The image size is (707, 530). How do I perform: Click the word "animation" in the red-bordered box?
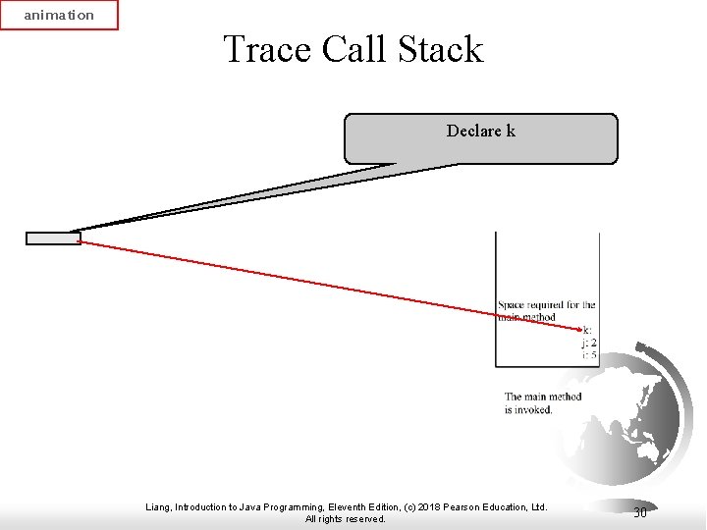(59, 15)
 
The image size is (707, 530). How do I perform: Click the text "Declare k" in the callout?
(480, 131)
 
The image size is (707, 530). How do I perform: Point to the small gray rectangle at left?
(53, 238)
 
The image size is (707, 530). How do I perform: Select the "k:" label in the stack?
(587, 331)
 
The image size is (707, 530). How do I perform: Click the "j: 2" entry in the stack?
(589, 343)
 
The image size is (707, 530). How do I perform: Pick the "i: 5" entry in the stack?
(589, 354)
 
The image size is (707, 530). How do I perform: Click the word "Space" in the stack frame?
(511, 305)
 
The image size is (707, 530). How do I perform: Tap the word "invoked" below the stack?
(534, 409)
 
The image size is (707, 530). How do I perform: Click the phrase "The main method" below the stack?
(543, 397)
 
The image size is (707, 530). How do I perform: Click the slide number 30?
(639, 512)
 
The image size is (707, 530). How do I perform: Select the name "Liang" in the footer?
(158, 507)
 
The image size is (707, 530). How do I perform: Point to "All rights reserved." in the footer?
(346, 519)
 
